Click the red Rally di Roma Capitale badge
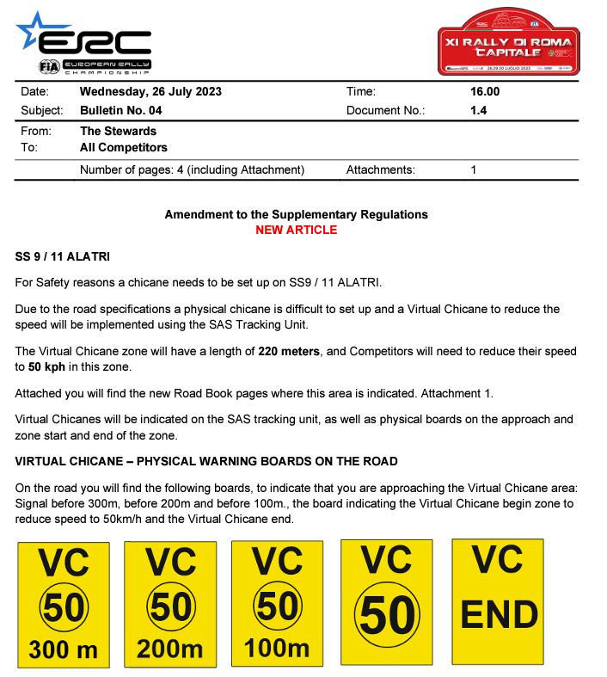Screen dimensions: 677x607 (x=508, y=43)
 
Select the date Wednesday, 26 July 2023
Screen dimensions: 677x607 (x=150, y=92)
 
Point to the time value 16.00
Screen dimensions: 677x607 (x=485, y=92)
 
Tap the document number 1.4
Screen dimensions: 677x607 (x=479, y=110)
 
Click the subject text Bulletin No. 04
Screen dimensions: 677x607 (x=120, y=110)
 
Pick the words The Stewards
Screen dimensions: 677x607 (x=118, y=131)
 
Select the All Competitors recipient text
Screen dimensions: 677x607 (x=123, y=148)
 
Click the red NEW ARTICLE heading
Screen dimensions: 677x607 (x=296, y=230)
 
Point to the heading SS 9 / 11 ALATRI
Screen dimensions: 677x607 (x=63, y=257)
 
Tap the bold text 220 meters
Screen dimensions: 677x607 (x=293, y=351)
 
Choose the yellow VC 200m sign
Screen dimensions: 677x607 (x=170, y=604)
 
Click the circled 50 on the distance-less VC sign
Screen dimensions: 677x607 (x=388, y=614)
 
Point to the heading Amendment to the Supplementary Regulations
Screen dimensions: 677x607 (x=296, y=214)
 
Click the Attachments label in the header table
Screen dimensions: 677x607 (x=380, y=170)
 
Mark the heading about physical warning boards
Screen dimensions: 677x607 (x=206, y=461)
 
